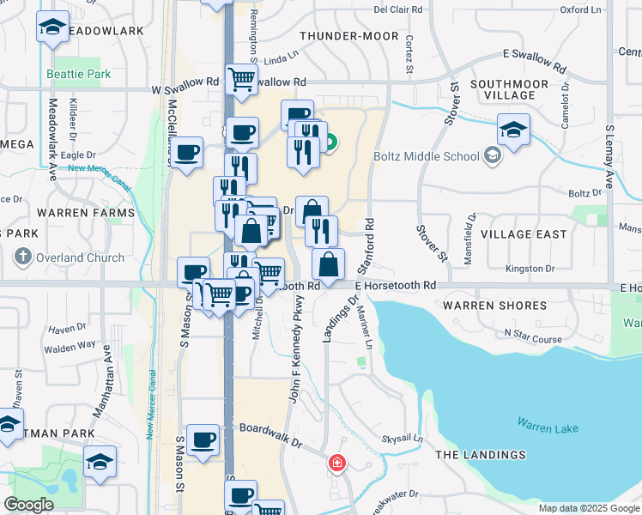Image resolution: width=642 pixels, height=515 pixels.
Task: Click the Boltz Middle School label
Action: pyautogui.click(x=427, y=156)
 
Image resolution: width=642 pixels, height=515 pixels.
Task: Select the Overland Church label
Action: pyautogui.click(x=82, y=257)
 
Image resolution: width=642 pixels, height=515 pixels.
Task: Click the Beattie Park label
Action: pyautogui.click(x=79, y=75)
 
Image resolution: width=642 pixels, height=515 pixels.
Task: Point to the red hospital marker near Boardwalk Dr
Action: pyautogui.click(x=337, y=464)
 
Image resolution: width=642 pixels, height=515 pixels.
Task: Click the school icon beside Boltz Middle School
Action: pyautogui.click(x=492, y=156)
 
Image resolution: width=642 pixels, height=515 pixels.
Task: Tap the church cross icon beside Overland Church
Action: pyautogui.click(x=23, y=257)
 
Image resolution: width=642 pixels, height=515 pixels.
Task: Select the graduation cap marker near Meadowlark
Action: pyautogui.click(x=53, y=28)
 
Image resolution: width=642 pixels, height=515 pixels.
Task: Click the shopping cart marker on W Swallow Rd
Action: pyautogui.click(x=242, y=80)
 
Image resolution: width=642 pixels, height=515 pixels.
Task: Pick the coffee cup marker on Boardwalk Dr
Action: pyautogui.click(x=203, y=440)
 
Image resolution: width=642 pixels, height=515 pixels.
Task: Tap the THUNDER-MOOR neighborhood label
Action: pyautogui.click(x=349, y=36)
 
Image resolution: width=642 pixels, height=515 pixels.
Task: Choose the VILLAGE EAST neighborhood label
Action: pyautogui.click(x=524, y=234)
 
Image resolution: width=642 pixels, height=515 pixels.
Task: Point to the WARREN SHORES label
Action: pyautogui.click(x=494, y=306)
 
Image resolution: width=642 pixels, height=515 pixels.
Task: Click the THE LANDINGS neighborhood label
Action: pyautogui.click(x=480, y=454)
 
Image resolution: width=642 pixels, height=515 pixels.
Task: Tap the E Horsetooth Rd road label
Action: pyautogui.click(x=396, y=285)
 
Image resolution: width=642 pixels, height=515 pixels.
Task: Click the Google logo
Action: pyautogui.click(x=28, y=505)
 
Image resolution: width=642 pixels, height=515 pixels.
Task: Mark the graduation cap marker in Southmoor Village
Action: pyautogui.click(x=513, y=130)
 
